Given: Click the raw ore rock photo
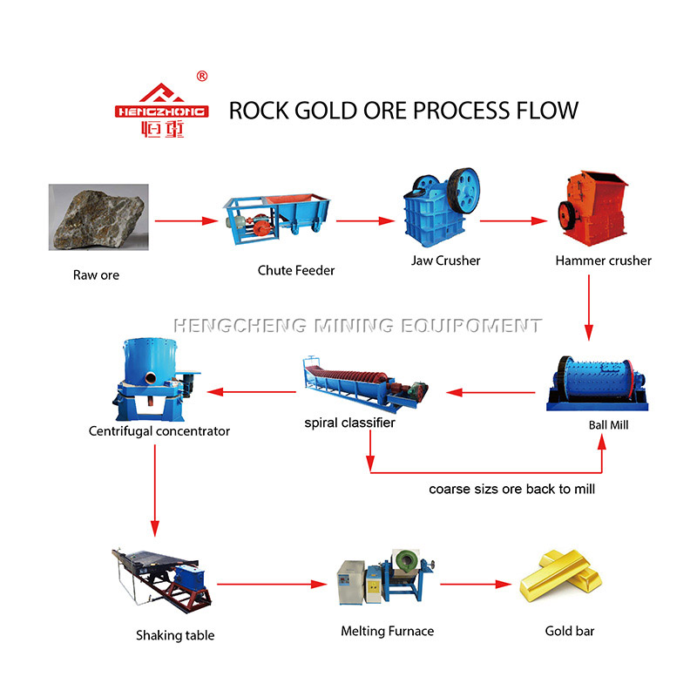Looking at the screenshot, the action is coord(98,217).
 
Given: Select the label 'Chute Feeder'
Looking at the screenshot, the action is coord(296,270).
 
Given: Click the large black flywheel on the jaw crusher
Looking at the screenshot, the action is coord(464,191).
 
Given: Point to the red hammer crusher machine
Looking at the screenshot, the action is coord(592,208).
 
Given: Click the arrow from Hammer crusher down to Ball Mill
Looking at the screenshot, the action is coord(589,308).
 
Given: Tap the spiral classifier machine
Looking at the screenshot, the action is coord(365,382).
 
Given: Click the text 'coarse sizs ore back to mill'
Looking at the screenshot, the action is coord(511,489).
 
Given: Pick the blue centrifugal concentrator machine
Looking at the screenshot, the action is coord(156,379).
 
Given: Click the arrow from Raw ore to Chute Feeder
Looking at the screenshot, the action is coord(186,221).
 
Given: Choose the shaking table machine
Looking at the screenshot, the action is coord(162,580).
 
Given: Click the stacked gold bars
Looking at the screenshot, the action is coord(561,576).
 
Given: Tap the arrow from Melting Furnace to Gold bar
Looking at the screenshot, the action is coord(476,584).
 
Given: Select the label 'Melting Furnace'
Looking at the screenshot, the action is coord(387,631).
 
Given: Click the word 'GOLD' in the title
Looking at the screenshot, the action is coord(325,111).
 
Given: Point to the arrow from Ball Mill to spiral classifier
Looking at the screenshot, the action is coord(491,392).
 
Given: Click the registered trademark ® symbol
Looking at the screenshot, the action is coord(202,76).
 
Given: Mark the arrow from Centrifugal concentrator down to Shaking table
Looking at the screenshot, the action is coord(155,491).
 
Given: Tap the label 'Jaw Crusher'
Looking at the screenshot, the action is coord(445,261).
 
